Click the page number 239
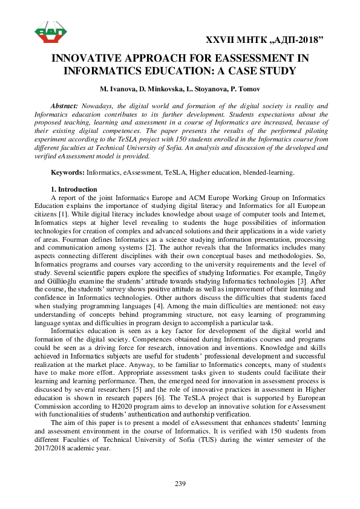180,484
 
